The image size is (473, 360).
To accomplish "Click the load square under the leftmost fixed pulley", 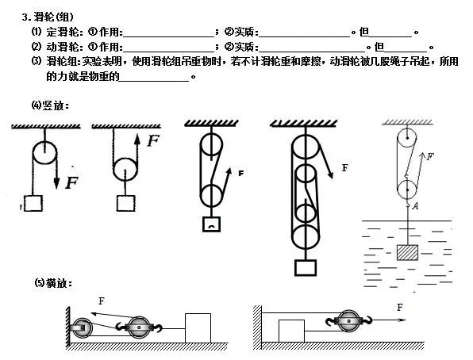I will [33, 203].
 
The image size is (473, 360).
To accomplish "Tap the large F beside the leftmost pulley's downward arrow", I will [72, 182].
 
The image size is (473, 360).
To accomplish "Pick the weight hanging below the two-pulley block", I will [211, 225].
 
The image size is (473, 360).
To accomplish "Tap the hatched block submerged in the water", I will [407, 253].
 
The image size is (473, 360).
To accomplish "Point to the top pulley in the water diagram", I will [407, 136].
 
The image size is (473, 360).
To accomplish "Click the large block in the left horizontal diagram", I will [198, 327].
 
